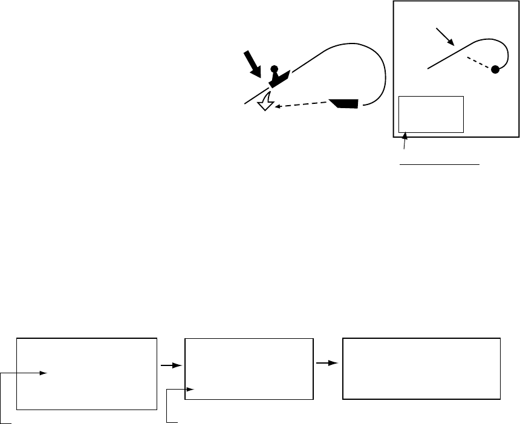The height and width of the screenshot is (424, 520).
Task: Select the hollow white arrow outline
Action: [x=265, y=104]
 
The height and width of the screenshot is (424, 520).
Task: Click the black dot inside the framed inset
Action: [x=495, y=69]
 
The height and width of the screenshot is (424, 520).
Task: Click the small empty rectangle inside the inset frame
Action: [x=431, y=114]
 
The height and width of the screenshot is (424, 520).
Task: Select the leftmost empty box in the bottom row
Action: [x=86, y=374]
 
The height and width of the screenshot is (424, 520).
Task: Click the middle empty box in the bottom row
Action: [x=249, y=368]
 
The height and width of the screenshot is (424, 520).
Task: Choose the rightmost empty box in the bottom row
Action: [x=421, y=368]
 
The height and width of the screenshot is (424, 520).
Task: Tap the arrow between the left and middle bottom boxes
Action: [x=171, y=365]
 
